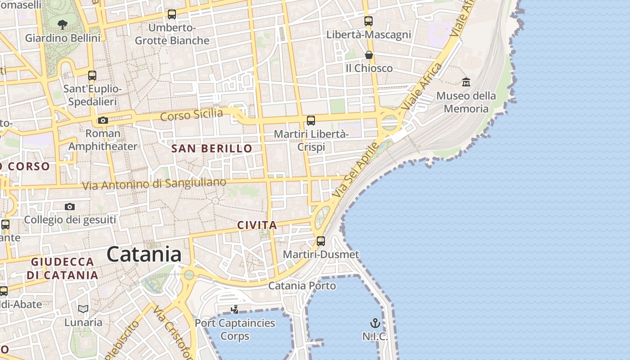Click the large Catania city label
click(144, 254)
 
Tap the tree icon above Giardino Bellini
click(63, 25)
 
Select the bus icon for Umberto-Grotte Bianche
click(172, 14)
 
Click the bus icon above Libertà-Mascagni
click(369, 21)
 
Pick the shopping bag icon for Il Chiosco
click(369, 55)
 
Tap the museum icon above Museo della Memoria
click(466, 82)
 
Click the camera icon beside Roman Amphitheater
click(103, 120)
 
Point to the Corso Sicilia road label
click(192, 114)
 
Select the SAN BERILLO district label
click(212, 148)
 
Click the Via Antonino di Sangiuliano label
click(154, 184)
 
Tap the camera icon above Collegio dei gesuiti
click(70, 207)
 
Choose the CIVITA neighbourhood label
click(256, 225)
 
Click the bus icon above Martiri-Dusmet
click(321, 241)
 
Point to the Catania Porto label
click(302, 286)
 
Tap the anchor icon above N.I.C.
click(375, 323)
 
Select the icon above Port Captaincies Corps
click(234, 309)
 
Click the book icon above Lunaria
click(83, 309)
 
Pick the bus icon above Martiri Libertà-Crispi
click(311, 120)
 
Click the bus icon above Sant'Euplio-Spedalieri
click(92, 76)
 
